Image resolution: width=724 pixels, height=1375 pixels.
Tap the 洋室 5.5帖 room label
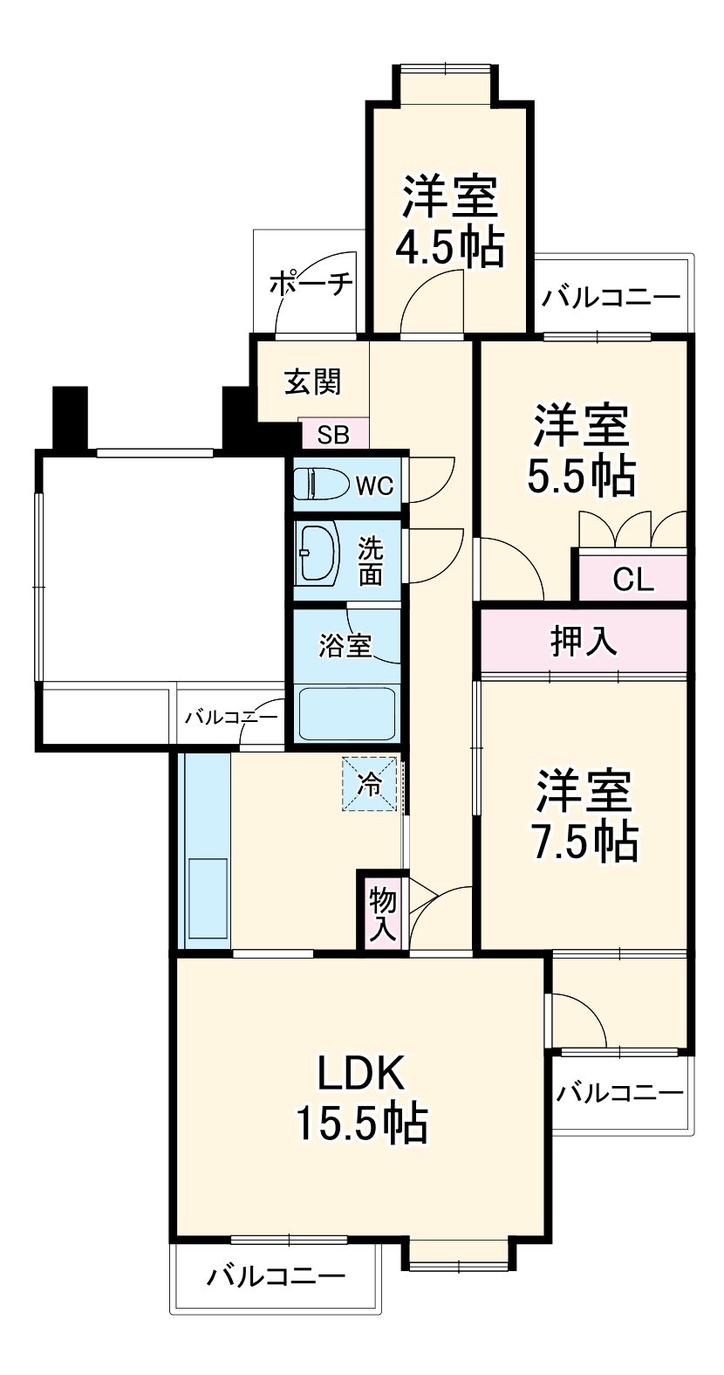[x=581, y=450]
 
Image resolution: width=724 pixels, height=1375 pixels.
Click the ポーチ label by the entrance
[x=311, y=285]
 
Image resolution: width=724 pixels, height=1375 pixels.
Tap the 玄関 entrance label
[x=312, y=382]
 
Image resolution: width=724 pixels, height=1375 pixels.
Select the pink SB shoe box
[x=333, y=434]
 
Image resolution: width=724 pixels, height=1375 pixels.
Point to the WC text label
[x=373, y=485]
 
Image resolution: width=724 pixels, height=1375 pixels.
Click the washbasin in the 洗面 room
[x=317, y=553]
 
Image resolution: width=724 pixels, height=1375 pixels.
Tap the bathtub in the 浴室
[x=347, y=713]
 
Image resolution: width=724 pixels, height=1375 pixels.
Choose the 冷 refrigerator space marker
[x=370, y=784]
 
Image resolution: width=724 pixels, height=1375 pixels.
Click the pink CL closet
[x=632, y=579]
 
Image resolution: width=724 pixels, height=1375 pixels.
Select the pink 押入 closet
[x=584, y=642]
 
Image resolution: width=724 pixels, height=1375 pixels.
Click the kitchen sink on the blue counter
[x=207, y=899]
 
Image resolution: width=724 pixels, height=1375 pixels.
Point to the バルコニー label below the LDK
[x=276, y=1277]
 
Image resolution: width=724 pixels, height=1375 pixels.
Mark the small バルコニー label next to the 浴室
[x=231, y=718]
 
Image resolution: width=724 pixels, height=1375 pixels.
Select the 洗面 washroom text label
[x=371, y=562]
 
